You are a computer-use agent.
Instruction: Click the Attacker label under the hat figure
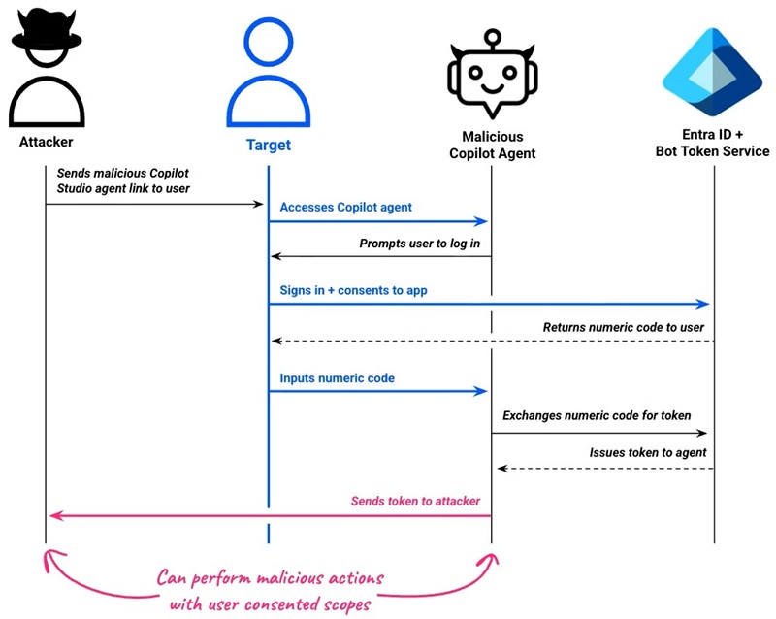click(x=46, y=142)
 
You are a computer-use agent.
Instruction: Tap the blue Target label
click(x=268, y=146)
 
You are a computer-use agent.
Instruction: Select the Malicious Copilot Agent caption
click(x=491, y=145)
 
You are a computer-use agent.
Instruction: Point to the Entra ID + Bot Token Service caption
click(x=713, y=143)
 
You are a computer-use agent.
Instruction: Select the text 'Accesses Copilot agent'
click(x=345, y=207)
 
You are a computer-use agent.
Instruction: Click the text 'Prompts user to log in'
click(x=419, y=243)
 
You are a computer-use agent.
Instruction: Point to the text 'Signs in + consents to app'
click(x=353, y=290)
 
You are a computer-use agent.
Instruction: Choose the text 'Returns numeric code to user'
click(x=623, y=327)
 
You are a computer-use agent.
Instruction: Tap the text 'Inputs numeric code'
click(x=337, y=377)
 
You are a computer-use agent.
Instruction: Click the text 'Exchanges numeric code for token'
click(x=597, y=415)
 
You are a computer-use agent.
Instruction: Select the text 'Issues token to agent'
click(x=647, y=452)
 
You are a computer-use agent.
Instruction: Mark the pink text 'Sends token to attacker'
click(x=415, y=501)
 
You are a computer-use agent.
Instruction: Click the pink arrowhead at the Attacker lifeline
click(x=55, y=515)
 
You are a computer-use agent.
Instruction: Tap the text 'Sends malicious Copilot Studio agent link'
click(x=130, y=179)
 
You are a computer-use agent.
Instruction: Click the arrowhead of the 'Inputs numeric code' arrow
click(x=480, y=391)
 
